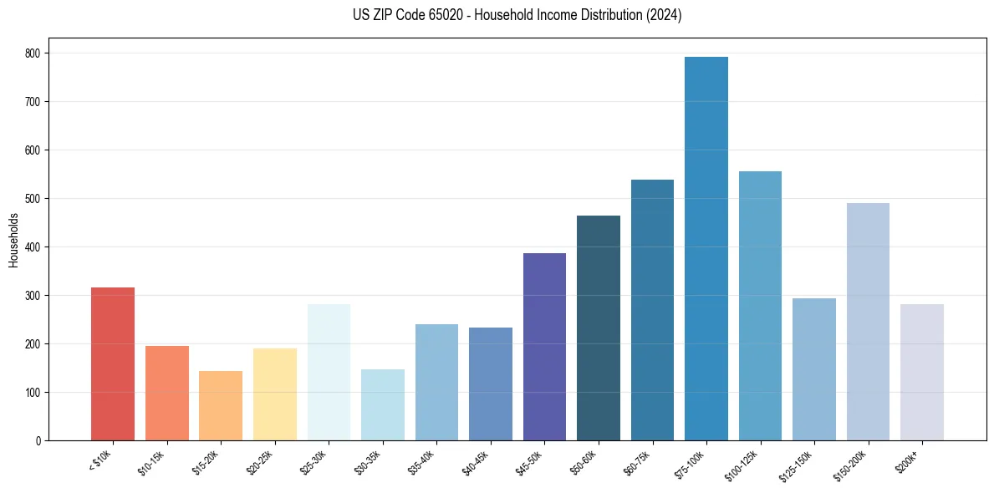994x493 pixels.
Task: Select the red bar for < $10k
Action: tap(113, 363)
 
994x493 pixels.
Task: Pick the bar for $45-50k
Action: tap(544, 347)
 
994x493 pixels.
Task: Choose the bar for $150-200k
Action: tap(868, 322)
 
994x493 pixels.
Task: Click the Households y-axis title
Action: tap(13, 240)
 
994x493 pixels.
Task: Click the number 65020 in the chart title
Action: tap(444, 16)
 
